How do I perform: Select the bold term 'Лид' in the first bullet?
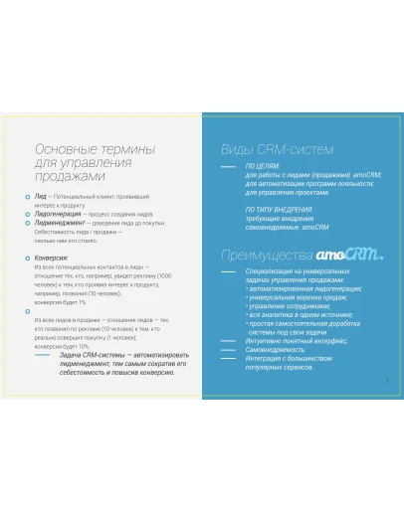click(40, 198)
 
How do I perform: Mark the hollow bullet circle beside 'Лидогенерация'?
click(27, 214)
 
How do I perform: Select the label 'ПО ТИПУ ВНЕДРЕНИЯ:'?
click(280, 210)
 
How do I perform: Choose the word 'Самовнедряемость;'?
click(274, 350)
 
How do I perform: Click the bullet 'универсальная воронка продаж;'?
click(300, 296)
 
